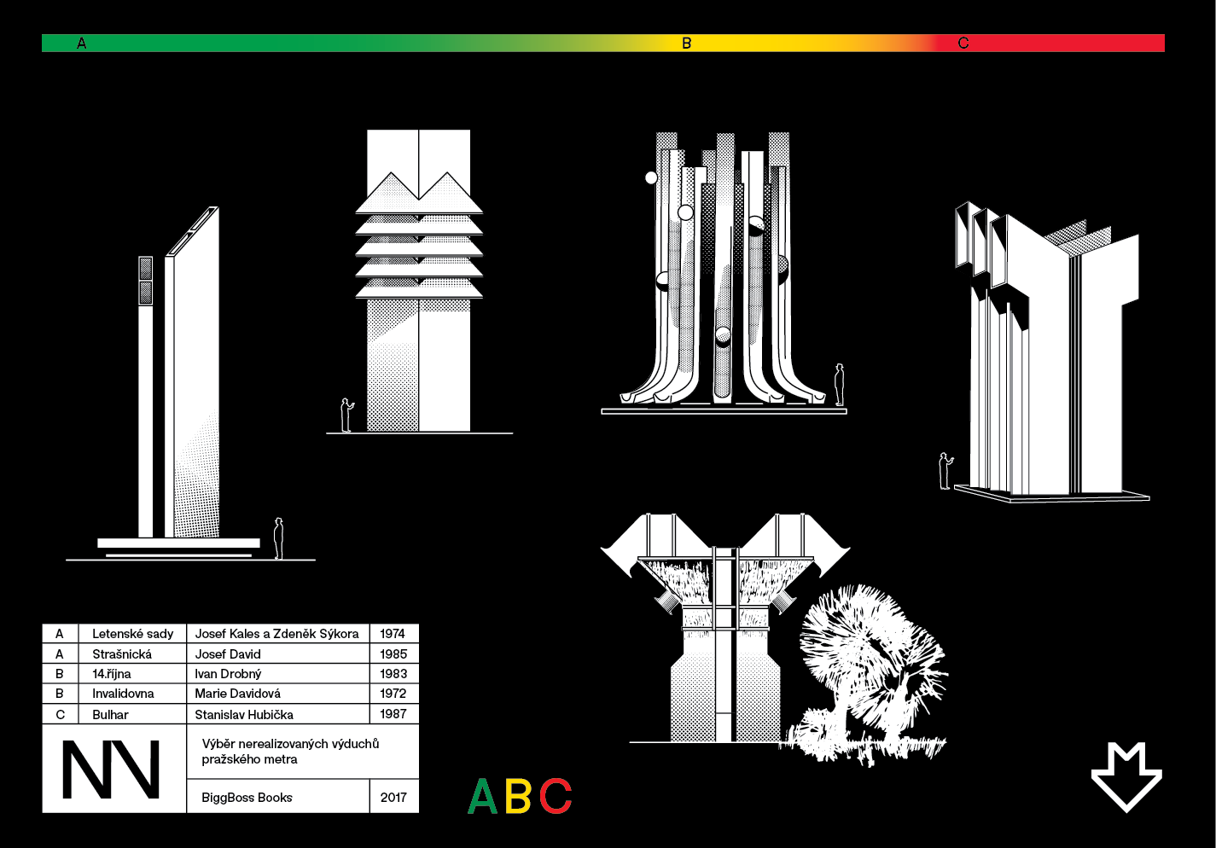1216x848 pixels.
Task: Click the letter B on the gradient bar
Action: tap(687, 43)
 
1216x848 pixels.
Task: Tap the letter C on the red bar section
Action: tap(963, 43)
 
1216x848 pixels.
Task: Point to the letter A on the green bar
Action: tap(81, 43)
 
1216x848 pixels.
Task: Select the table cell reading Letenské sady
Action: tap(132, 634)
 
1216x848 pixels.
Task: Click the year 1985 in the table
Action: tap(393, 653)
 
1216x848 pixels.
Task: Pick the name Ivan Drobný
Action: tap(228, 674)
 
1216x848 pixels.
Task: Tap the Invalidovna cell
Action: tap(123, 694)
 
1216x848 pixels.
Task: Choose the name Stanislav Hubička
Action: tap(244, 714)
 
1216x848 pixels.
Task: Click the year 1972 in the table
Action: tap(393, 694)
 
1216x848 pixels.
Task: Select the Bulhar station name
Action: tap(110, 714)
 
